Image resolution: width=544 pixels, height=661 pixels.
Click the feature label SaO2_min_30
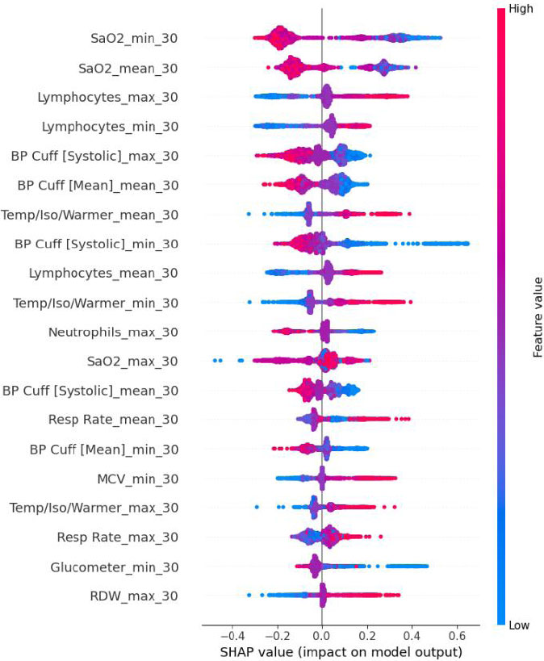click(x=134, y=38)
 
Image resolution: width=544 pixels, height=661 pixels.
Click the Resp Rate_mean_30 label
click(x=117, y=420)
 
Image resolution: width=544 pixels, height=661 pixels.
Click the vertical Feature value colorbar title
click(x=536, y=317)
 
